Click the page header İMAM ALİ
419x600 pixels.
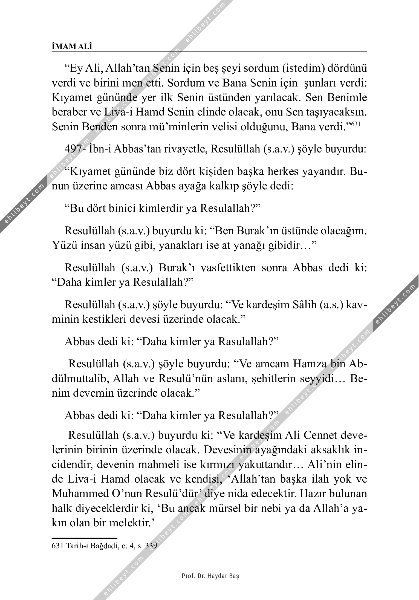pos(72,47)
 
